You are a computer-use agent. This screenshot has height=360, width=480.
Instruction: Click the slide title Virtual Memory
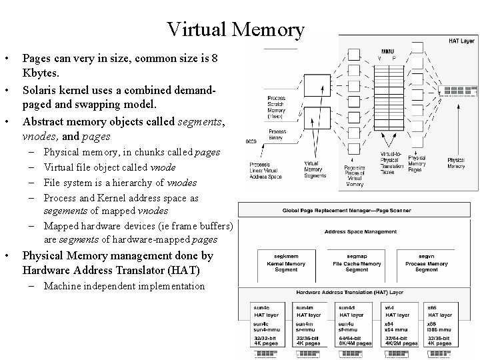click(x=236, y=29)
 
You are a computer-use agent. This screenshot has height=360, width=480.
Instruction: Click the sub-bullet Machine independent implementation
click(x=124, y=286)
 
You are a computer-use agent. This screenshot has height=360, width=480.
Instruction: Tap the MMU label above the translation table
click(x=387, y=51)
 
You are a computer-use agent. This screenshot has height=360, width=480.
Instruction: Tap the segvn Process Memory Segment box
click(x=426, y=263)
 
